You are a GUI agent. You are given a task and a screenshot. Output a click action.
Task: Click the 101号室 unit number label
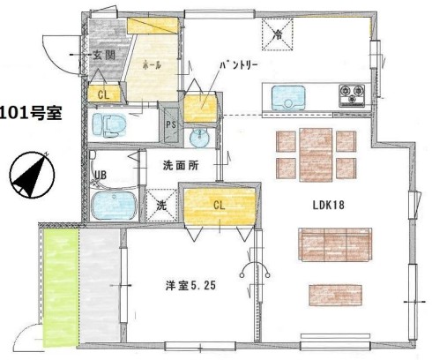pyautogui.click(x=31, y=112)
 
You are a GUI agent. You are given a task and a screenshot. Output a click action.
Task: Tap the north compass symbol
pyautogui.click(x=32, y=175)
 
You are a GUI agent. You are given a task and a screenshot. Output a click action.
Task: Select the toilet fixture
pyautogui.click(x=109, y=125)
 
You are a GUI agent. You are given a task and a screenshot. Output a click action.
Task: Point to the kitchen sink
pyautogui.click(x=288, y=98)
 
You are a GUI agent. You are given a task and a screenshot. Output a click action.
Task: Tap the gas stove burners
pyautogui.click(x=352, y=95)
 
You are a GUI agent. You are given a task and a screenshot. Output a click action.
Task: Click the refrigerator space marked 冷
pyautogui.click(x=278, y=34)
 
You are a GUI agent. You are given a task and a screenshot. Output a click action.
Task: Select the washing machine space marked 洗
pyautogui.click(x=161, y=205)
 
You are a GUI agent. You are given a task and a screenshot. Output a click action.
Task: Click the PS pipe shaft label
pyautogui.click(x=171, y=124)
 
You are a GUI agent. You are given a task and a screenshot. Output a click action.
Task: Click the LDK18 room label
pyautogui.click(x=328, y=205)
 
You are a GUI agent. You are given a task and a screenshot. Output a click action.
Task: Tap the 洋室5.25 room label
pyautogui.click(x=190, y=285)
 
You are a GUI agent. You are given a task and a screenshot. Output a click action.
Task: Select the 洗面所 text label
pyautogui.click(x=181, y=166)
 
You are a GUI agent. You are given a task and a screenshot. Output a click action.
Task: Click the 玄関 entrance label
pyautogui.click(x=104, y=55)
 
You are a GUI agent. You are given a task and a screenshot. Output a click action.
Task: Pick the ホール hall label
pyautogui.click(x=152, y=65)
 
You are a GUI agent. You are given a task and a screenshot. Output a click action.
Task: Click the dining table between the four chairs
pyautogui.click(x=316, y=154)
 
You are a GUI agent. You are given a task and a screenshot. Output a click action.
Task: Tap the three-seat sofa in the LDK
pyautogui.click(x=335, y=244)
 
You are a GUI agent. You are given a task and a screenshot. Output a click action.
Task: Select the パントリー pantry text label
pyautogui.click(x=239, y=65)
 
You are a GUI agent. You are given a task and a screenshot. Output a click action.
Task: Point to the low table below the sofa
pyautogui.click(x=335, y=296)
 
